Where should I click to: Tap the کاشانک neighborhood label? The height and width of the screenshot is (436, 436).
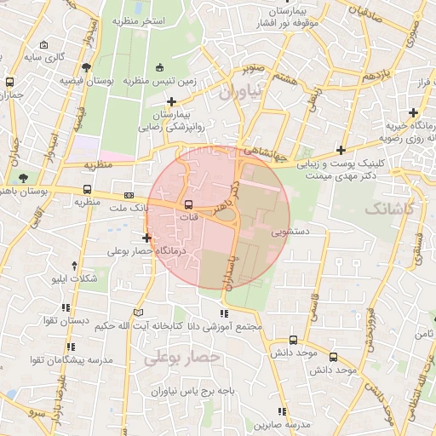point(389,208)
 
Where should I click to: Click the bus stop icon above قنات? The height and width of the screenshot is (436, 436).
point(188,204)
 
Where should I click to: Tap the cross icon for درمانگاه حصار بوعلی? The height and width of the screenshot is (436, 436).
point(147,238)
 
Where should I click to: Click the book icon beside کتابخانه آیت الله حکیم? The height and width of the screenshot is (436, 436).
point(140,313)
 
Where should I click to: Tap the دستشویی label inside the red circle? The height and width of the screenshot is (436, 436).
point(289,230)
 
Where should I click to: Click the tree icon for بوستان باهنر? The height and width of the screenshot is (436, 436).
point(24,178)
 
